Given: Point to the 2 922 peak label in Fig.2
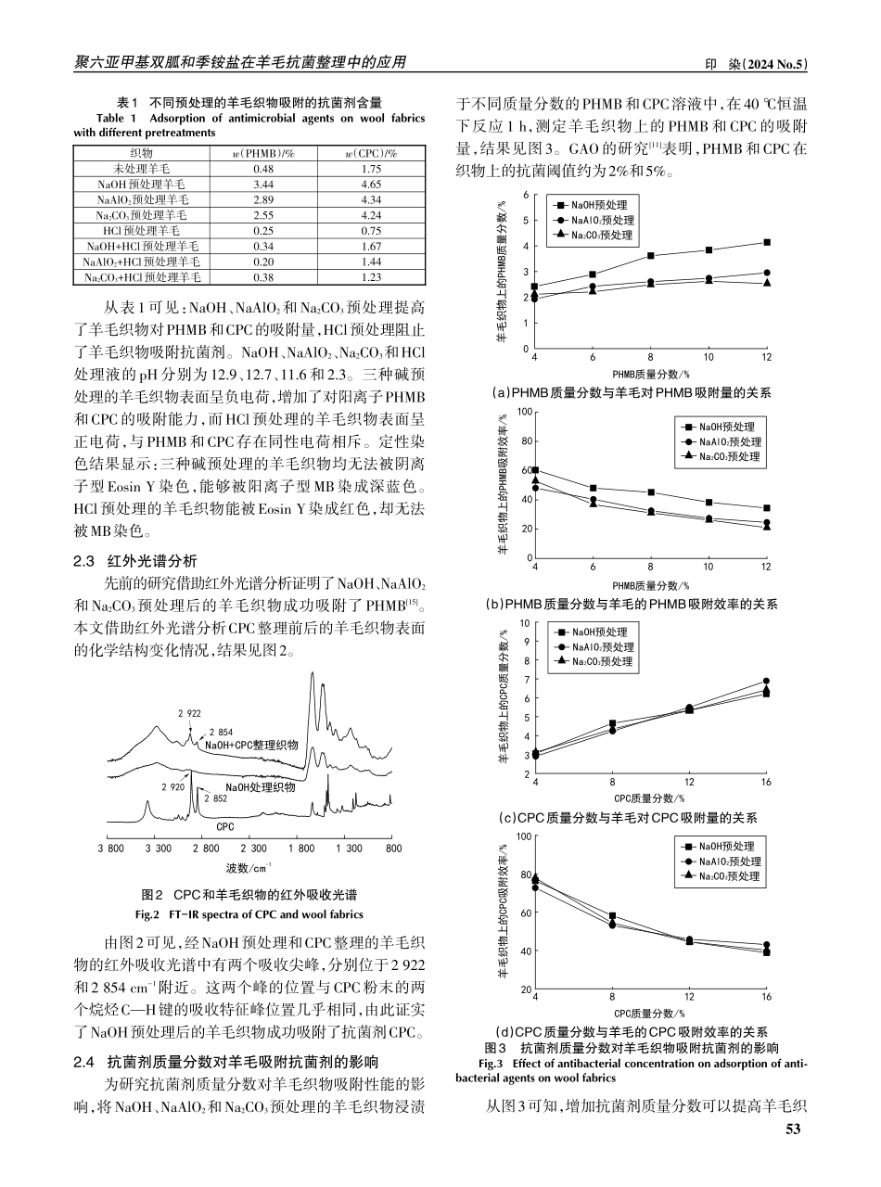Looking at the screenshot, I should pos(189,713).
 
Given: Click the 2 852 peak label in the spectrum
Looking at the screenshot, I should pos(214,798).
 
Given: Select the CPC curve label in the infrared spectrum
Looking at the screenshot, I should pos(224,824).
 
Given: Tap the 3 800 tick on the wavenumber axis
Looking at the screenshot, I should pos(111,849).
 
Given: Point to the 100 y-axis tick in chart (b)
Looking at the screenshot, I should pos(525,412).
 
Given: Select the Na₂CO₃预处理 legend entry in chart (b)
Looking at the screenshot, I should pos(730,456).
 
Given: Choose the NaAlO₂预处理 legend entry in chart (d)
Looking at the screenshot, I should pos(730,862).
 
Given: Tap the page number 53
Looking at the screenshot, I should pos(792,1129).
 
